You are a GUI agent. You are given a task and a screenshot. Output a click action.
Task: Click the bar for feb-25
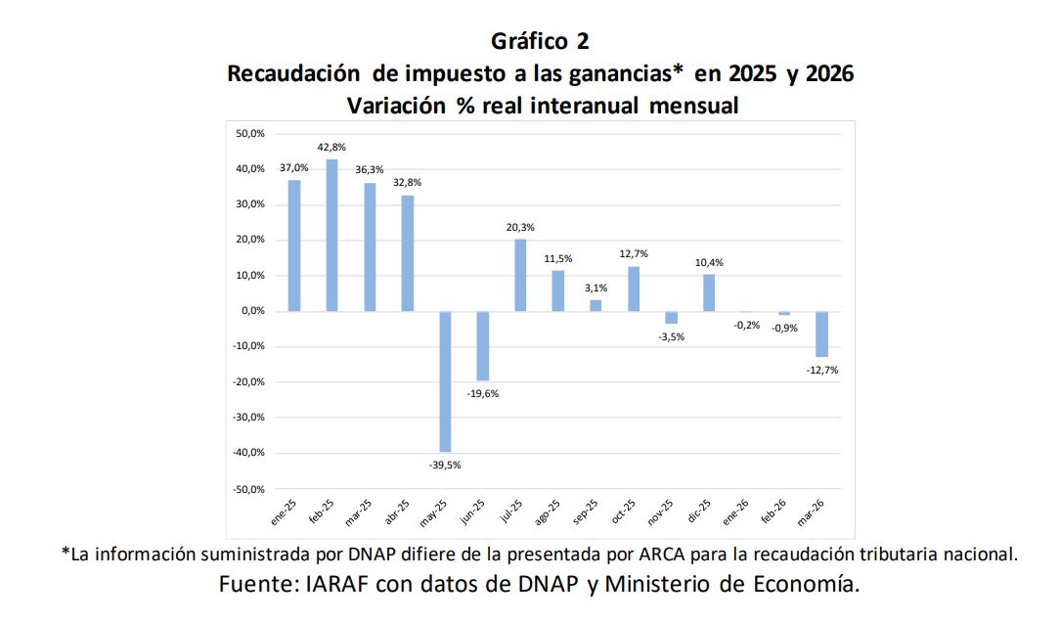[x=331, y=235]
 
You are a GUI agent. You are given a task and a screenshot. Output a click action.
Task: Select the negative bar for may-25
[x=445, y=380]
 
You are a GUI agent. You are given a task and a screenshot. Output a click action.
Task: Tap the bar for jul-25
[x=520, y=275]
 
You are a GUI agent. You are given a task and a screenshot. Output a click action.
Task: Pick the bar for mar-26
[x=822, y=333]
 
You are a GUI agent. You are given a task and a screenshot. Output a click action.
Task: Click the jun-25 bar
[x=483, y=345]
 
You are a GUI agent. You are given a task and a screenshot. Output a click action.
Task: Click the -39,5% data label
[x=444, y=465]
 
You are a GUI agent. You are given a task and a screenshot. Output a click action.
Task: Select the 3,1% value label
[x=596, y=288]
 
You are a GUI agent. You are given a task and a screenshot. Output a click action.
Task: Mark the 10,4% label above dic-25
[x=709, y=262]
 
